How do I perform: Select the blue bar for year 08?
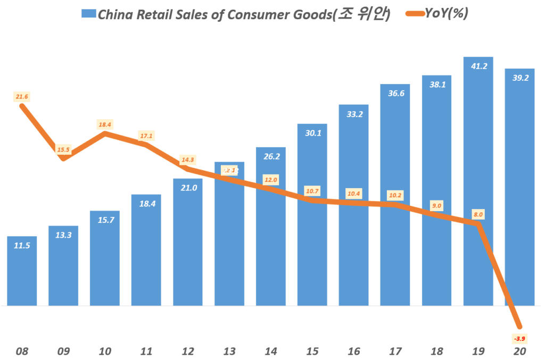point(22,277)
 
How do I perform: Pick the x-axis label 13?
point(229,351)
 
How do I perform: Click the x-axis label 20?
point(519,351)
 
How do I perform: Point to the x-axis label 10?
point(105,351)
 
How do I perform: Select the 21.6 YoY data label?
point(22,97)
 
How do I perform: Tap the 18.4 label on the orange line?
point(105,124)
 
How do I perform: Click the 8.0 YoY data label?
point(478,214)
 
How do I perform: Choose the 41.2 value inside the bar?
point(478,66)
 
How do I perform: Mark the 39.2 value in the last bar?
point(519,78)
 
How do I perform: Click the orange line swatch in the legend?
point(411,14)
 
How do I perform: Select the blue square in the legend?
point(88,14)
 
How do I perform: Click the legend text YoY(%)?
point(446,14)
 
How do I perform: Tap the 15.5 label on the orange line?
point(63,150)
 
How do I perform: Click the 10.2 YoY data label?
point(395,195)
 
